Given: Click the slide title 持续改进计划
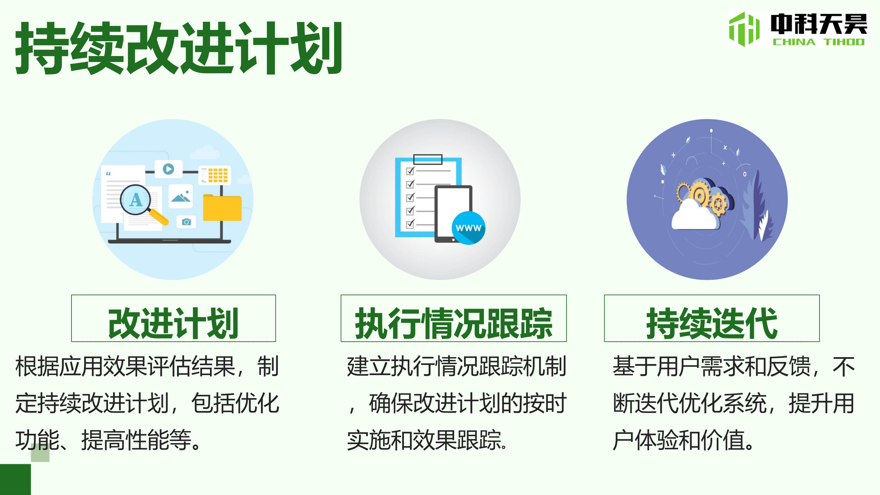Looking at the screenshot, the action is (179, 48).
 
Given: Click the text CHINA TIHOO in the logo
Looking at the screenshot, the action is (818, 42).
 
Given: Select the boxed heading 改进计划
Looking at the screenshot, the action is (173, 323).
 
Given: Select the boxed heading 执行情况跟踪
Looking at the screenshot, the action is (453, 323).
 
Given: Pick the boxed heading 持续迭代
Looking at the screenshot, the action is (712, 323).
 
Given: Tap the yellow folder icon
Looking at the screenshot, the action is (222, 207).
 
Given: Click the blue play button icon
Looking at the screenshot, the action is (168, 169).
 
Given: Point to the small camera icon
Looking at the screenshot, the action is (186, 222).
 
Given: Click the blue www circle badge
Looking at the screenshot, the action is (468, 228).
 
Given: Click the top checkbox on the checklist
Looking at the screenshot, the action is (410, 170).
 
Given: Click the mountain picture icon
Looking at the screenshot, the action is (181, 197).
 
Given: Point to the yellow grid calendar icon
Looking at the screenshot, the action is (218, 175).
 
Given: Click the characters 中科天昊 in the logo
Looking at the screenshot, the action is (818, 24).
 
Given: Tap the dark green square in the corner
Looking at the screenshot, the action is (15, 480).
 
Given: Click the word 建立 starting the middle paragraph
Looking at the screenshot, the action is (369, 366).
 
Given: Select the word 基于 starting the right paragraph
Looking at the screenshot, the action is (635, 366).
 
